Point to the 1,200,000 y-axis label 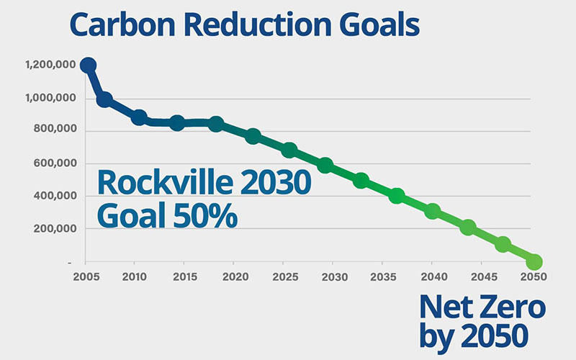(50, 65)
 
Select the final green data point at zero (534, 261)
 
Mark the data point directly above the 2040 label (433, 211)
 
